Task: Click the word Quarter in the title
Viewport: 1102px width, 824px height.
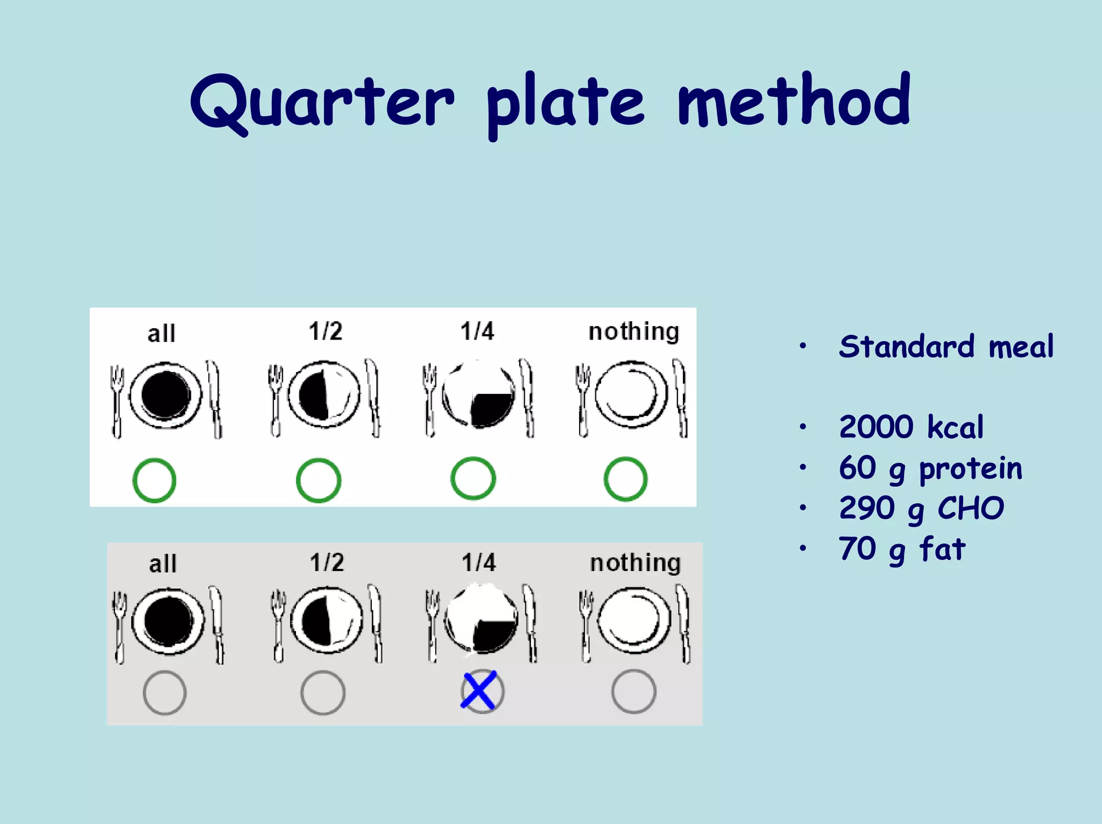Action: (322, 102)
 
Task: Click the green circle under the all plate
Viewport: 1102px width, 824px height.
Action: (154, 480)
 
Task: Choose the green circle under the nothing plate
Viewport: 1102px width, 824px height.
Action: (625, 479)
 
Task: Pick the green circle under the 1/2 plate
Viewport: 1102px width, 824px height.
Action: (319, 480)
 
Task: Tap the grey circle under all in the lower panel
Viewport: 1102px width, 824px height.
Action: (165, 693)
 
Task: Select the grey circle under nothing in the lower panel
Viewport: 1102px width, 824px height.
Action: (633, 692)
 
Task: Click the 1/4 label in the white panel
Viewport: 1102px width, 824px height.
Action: (477, 331)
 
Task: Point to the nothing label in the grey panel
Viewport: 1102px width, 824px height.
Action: (635, 562)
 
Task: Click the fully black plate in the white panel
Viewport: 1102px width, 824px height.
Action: (166, 396)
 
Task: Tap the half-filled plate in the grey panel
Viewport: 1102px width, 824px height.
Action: (327, 621)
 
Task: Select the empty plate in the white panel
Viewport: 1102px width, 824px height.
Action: (631, 395)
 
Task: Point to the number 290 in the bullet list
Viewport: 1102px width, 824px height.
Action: (866, 508)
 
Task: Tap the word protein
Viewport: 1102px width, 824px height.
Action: (970, 468)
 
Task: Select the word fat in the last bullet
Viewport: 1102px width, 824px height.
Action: (943, 549)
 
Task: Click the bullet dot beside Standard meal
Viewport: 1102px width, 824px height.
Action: (802, 346)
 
